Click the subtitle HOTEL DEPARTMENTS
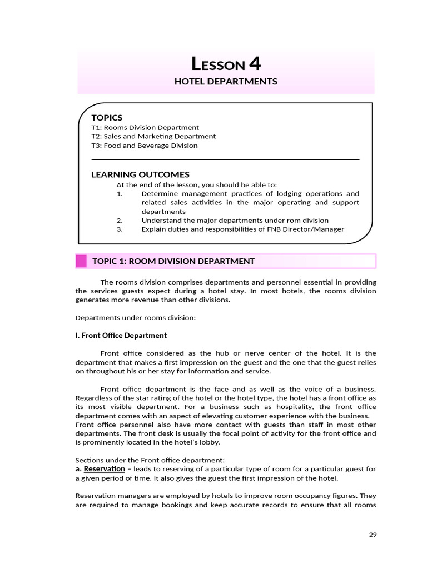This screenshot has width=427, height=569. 226,82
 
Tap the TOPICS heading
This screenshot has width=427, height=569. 107,117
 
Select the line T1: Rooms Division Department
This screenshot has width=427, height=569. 145,127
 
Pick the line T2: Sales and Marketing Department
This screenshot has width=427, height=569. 153,136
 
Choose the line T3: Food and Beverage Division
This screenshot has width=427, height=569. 145,146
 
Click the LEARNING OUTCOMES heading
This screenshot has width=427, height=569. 140,174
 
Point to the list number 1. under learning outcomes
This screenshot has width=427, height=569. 120,193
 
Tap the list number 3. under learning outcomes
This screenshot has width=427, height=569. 120,229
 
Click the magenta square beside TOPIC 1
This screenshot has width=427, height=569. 81,261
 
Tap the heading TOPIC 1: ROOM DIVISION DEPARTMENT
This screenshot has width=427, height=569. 173,261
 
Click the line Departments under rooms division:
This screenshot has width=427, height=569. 136,318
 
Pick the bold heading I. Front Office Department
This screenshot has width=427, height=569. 121,336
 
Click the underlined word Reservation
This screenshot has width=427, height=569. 104,469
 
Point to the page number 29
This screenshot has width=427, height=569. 373,535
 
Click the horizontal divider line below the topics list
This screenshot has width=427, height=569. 225,159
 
